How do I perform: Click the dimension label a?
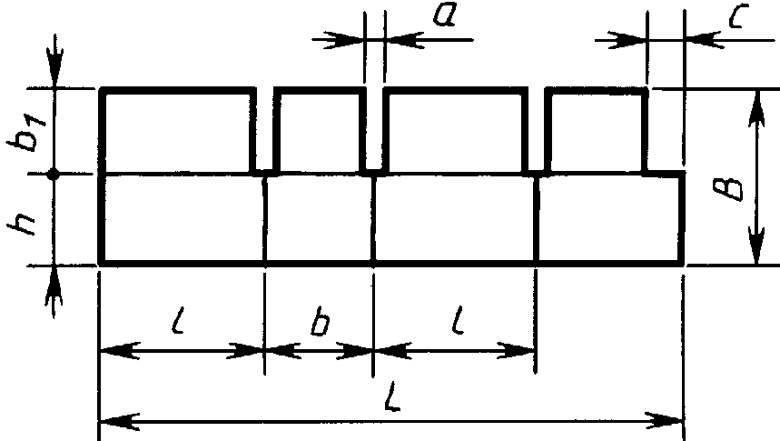click(444, 15)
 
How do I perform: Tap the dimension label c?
click(740, 16)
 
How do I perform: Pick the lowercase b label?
click(320, 323)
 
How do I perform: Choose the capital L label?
click(392, 397)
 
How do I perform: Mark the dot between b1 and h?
click(54, 175)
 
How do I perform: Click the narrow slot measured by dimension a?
click(375, 129)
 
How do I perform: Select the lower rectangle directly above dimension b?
click(319, 218)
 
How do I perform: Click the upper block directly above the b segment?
click(320, 131)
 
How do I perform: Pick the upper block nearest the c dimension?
click(597, 131)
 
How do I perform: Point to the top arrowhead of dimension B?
click(756, 107)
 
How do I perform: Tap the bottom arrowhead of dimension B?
click(756, 246)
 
